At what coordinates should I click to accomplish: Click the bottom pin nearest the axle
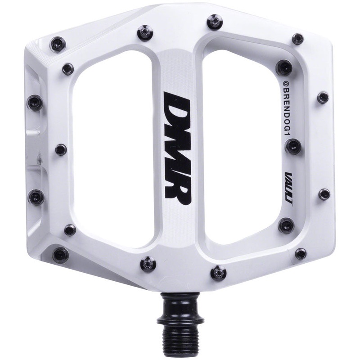pos(218,272)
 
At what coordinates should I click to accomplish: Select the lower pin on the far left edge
pos(36,196)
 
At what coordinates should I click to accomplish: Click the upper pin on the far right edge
pos(323,97)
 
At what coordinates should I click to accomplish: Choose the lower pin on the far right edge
pos(324,193)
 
